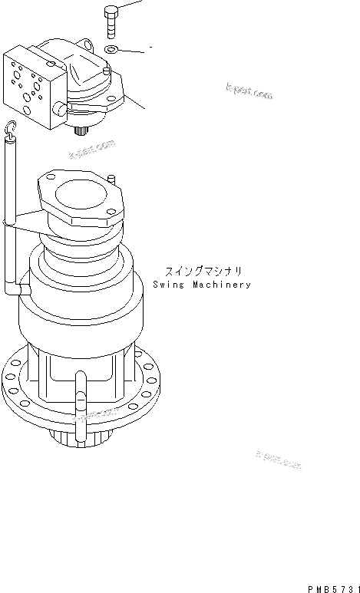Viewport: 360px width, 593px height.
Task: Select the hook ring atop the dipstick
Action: [11, 128]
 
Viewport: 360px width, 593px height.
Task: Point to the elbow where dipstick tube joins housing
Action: [17, 289]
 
